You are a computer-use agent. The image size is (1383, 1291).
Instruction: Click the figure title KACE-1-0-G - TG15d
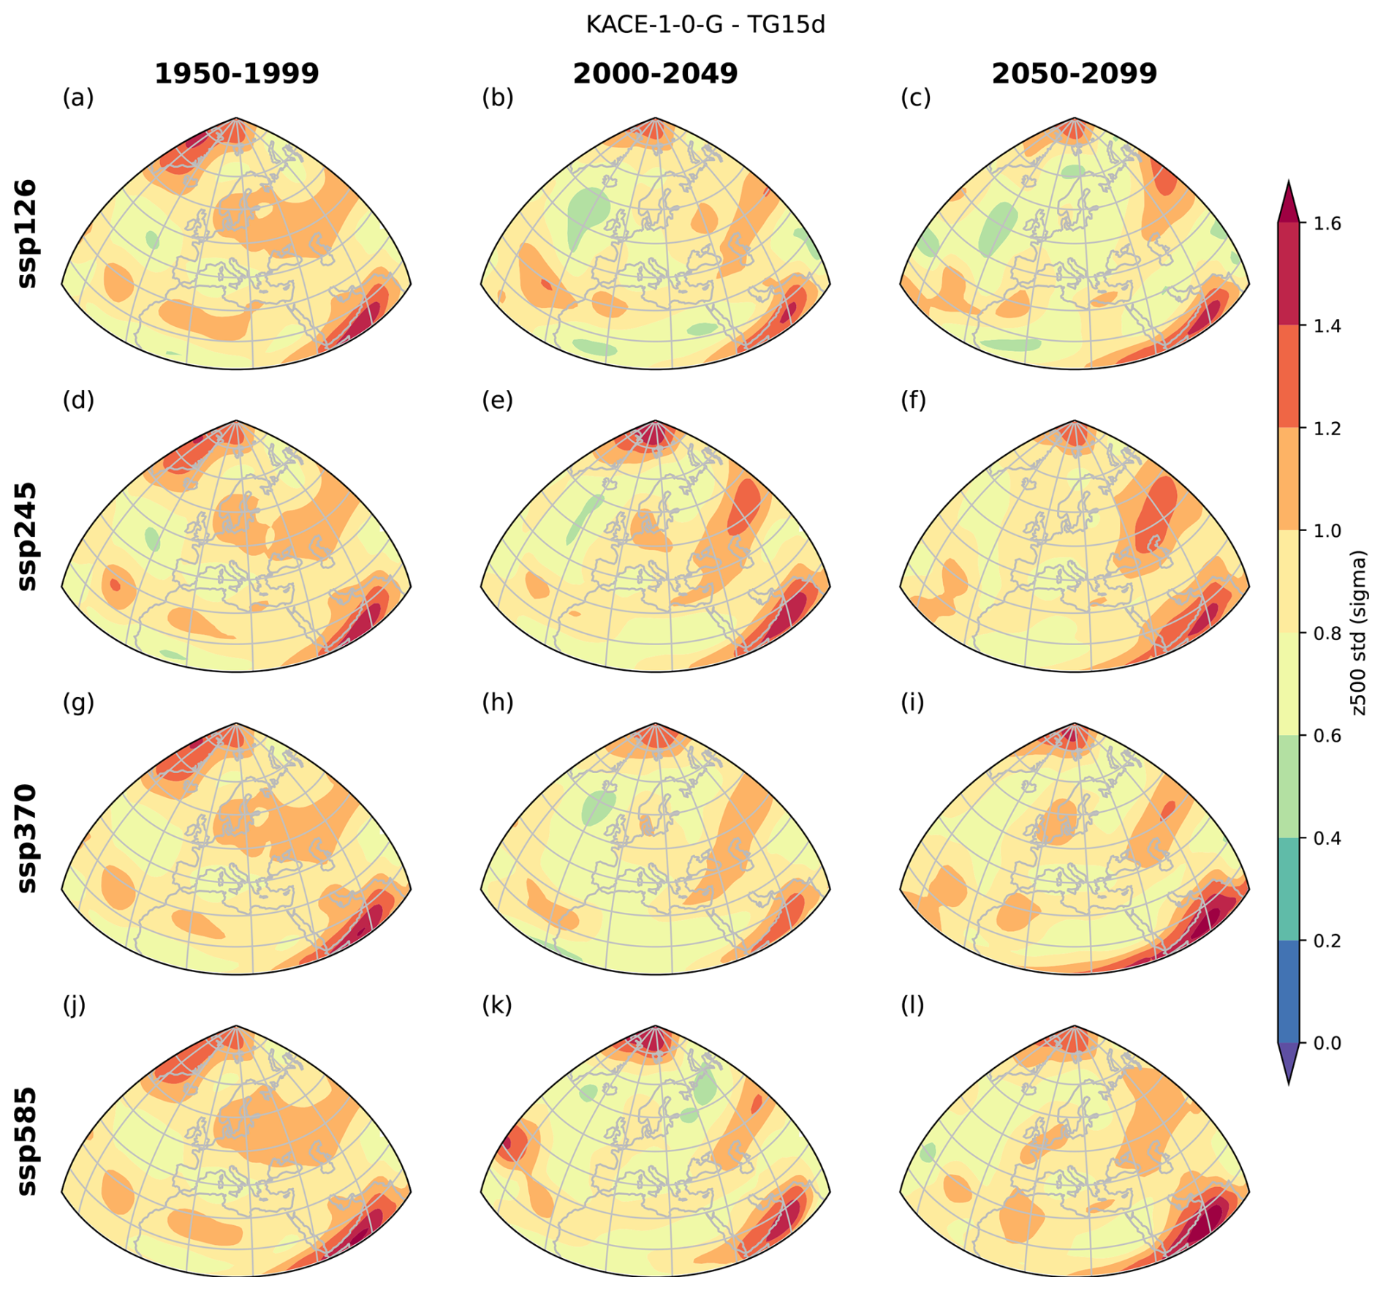[x=705, y=25]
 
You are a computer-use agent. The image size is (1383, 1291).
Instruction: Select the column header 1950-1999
[x=236, y=74]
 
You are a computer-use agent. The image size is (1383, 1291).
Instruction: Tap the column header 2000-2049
[x=655, y=74]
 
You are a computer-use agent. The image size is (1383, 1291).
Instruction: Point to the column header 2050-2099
[x=1074, y=74]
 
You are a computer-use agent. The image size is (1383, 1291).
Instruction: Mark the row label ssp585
[x=28, y=1140]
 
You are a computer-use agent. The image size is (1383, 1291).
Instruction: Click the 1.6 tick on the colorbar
[x=1326, y=224]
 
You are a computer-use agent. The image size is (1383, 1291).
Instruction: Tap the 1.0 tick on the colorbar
[x=1326, y=531]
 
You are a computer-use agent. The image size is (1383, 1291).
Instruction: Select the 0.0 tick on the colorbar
[x=1326, y=1043]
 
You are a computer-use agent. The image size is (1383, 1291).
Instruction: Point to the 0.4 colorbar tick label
[x=1326, y=838]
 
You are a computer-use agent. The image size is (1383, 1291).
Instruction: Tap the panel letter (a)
[x=78, y=97]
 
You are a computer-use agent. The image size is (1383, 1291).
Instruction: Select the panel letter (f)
[x=913, y=400]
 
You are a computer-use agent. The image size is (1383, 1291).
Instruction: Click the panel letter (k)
[x=497, y=1005]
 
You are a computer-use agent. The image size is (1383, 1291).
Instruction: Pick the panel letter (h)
[x=497, y=702]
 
